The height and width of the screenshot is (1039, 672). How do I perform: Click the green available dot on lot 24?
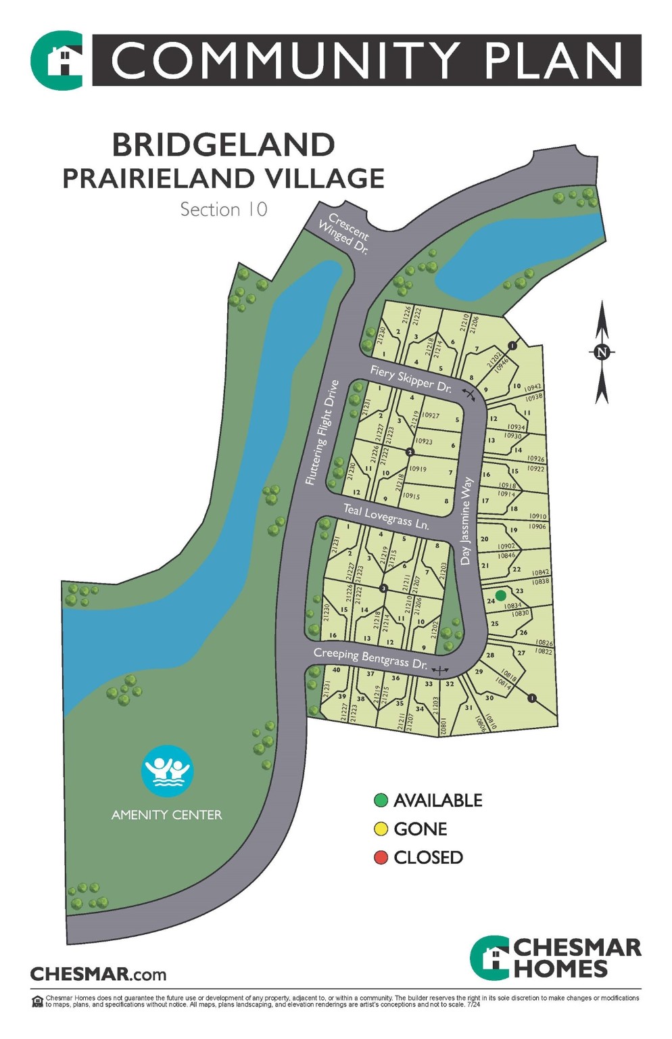tap(500, 595)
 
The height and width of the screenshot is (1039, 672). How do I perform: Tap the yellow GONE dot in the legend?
tap(381, 829)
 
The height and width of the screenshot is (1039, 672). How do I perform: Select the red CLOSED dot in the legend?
tap(381, 858)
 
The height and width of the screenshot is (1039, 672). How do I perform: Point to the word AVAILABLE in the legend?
tap(437, 801)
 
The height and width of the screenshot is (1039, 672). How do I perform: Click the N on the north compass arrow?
tap(602, 352)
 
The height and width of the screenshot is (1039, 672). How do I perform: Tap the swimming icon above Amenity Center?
tap(167, 770)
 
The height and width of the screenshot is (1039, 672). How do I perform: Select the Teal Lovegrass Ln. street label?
tap(385, 516)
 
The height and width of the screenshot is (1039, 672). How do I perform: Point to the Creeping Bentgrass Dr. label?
tap(370, 658)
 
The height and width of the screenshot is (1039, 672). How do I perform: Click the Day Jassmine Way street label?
tap(466, 521)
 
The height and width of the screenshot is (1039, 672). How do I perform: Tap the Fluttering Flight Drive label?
tap(321, 433)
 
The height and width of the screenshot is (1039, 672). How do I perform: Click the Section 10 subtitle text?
tap(224, 210)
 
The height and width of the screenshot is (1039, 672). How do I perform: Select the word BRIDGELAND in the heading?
tap(223, 145)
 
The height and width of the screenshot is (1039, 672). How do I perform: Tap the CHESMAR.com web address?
tap(98, 975)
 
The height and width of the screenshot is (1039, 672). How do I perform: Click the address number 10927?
tap(430, 415)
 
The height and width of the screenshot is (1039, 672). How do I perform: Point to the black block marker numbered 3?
tap(383, 588)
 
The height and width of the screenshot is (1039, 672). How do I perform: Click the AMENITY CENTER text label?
tap(166, 815)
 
